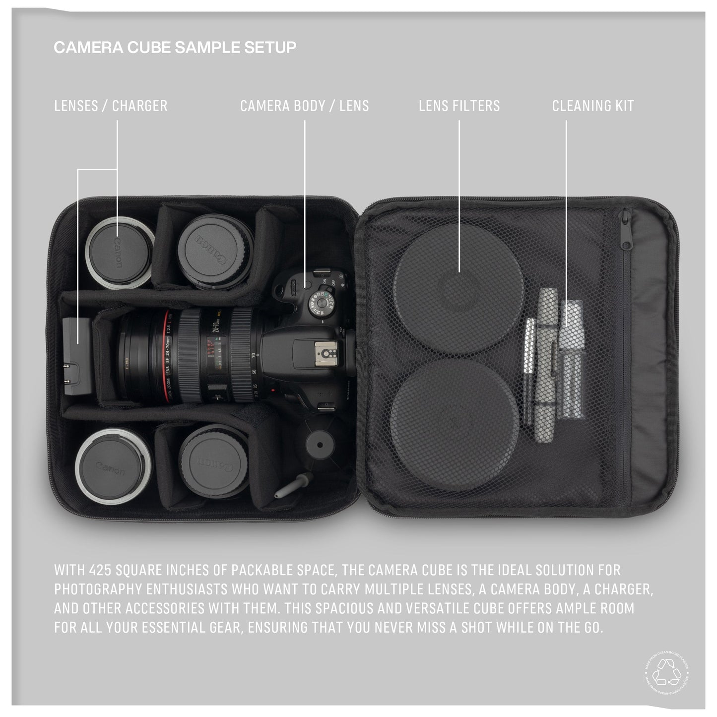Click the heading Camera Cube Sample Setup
(175, 47)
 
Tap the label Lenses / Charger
(111, 106)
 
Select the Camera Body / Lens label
(304, 106)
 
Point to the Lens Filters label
(459, 106)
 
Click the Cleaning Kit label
(593, 106)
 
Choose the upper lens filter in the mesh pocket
(459, 290)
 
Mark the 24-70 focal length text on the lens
(217, 323)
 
